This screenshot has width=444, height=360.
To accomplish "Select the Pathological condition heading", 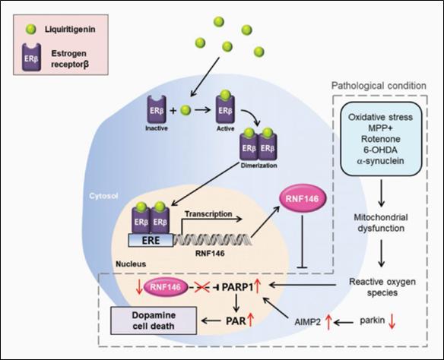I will click(x=382, y=87).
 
